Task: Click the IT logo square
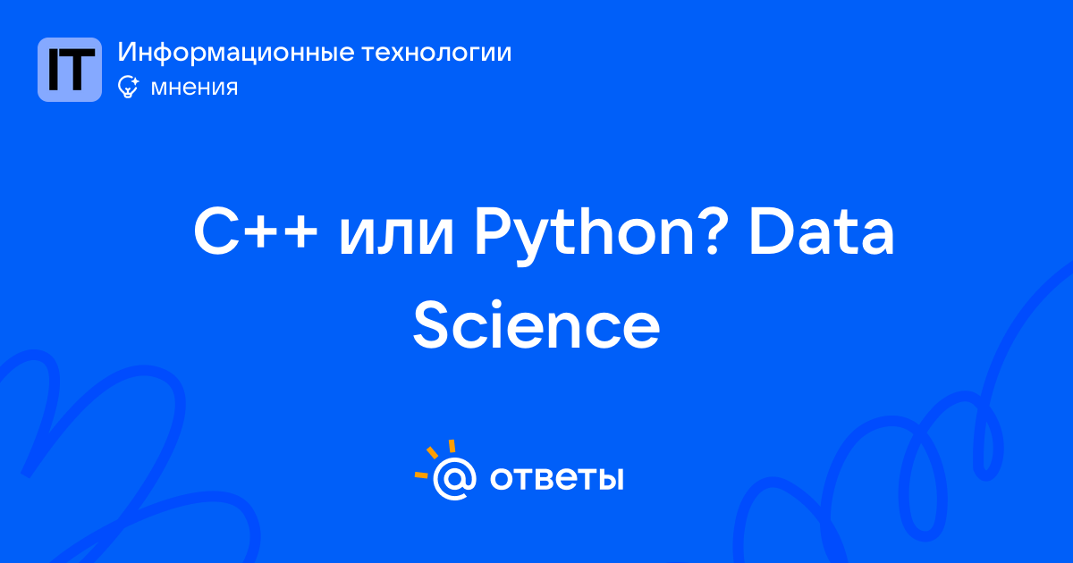[70, 70]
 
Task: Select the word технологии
[436, 53]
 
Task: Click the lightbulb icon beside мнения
[128, 87]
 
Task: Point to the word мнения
[194, 88]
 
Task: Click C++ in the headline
[256, 231]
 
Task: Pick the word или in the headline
[396, 237]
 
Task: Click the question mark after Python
[713, 231]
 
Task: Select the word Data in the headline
[822, 231]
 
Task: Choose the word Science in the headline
[536, 324]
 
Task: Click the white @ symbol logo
[454, 478]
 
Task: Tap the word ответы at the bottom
[556, 478]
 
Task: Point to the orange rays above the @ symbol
[434, 458]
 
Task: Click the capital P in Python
[494, 231]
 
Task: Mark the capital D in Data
[773, 231]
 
